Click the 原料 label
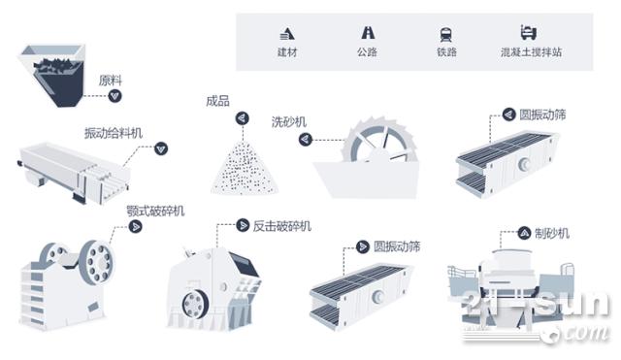tap(110, 81)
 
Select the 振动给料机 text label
tap(114, 133)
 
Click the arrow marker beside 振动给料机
tap(161, 148)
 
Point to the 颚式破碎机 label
tap(155, 211)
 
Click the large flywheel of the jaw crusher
tap(97, 263)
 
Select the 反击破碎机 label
tap(282, 226)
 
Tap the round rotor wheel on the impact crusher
tap(195, 304)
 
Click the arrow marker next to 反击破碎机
tap(243, 225)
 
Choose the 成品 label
tap(217, 101)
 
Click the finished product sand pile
tap(245, 168)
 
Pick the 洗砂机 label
tap(289, 121)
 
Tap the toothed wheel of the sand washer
tap(379, 140)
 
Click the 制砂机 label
tap(552, 233)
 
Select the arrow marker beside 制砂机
tap(524, 233)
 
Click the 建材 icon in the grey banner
tap(287, 33)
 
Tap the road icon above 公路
tap(368, 32)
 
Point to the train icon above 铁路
tap(446, 35)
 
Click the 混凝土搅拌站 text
tap(531, 51)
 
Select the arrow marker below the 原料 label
tap(114, 96)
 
